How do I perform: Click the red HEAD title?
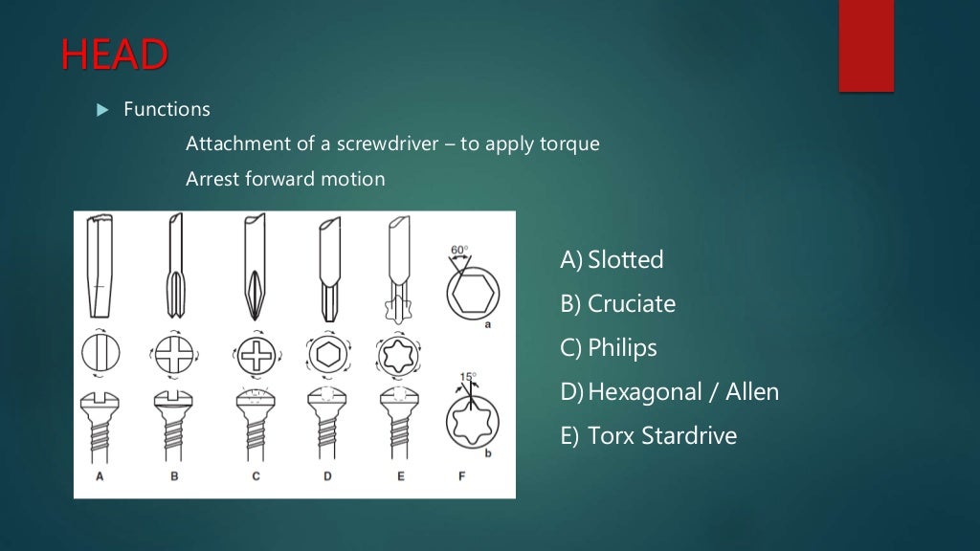click(113, 55)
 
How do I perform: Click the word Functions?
click(167, 109)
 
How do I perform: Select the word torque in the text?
click(572, 143)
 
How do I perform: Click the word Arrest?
click(215, 178)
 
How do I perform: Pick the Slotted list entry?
click(612, 259)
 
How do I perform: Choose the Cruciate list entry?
click(618, 303)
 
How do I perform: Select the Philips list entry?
click(609, 347)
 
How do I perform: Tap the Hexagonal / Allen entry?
click(670, 391)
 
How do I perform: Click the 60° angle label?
click(459, 251)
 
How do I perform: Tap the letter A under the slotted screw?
click(99, 476)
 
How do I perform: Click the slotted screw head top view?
click(99, 350)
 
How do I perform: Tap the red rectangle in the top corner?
click(866, 46)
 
